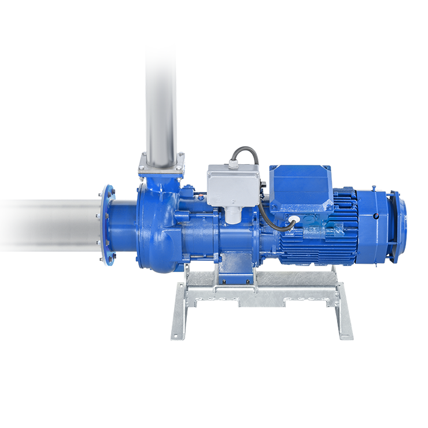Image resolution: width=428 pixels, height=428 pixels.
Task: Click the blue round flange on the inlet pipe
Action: pos(106,226)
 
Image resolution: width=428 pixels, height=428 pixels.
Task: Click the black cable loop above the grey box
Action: pos(245,154)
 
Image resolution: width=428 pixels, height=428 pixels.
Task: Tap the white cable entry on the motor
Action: pos(294,220)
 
